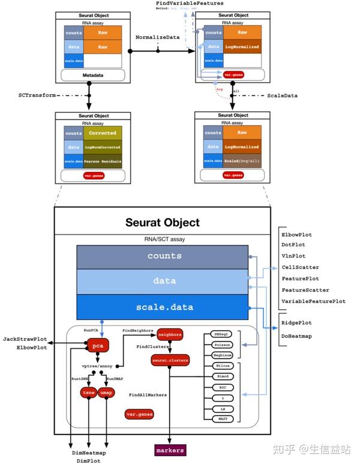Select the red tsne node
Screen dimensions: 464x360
pos(88,392)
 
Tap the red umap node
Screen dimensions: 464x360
pos(106,392)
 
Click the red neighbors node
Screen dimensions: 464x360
pos(166,334)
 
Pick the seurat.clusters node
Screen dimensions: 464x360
pos(170,360)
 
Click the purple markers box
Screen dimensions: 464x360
pos(169,449)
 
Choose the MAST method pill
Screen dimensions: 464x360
pos(221,418)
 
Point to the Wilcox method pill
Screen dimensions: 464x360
pos(221,364)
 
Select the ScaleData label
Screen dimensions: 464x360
pos(282,95)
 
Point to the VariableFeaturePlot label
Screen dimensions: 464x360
pos(313,301)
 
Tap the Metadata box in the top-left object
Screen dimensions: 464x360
pos(92,75)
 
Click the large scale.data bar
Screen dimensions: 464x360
pos(163,307)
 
